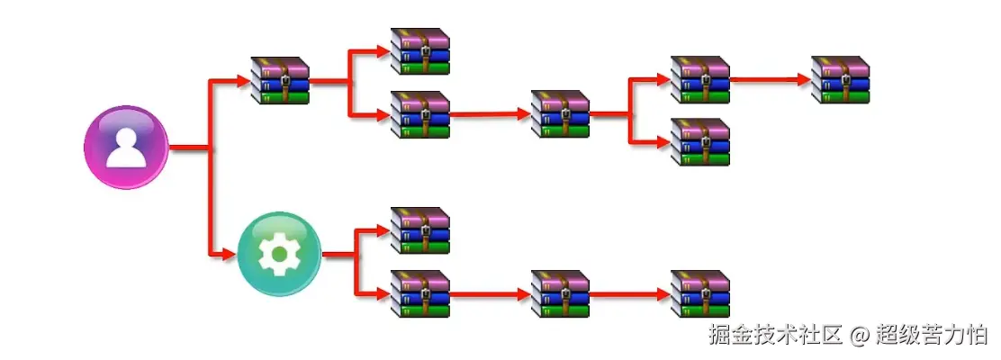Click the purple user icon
click(x=126, y=147)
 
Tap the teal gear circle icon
click(x=278, y=255)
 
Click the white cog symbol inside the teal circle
click(x=278, y=255)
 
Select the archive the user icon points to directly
click(x=279, y=81)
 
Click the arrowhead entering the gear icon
click(x=230, y=255)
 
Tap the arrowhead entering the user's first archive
click(x=244, y=81)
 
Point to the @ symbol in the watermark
click(x=859, y=337)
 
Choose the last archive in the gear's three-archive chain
click(x=699, y=293)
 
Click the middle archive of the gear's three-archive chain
click(x=559, y=293)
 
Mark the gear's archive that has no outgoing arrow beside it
click(x=419, y=231)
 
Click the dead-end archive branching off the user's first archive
click(x=419, y=51)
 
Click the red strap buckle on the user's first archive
click(x=284, y=82)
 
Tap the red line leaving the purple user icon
click(x=189, y=147)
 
